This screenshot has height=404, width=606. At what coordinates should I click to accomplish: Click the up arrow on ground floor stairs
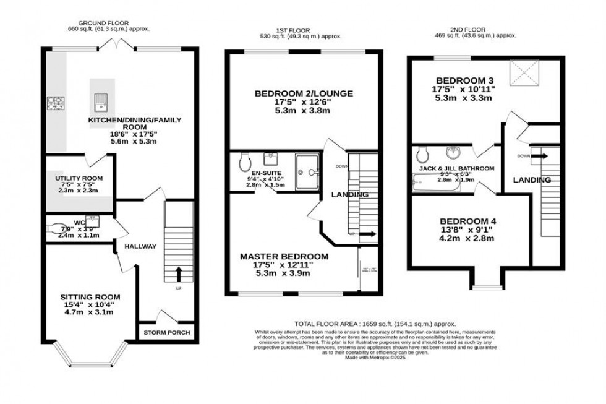(x=180, y=272)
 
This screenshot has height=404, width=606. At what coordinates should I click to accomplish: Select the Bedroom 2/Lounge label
(x=304, y=93)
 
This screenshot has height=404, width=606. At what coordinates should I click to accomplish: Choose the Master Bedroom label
(x=284, y=256)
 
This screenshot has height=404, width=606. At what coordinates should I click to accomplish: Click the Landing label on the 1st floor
(x=349, y=195)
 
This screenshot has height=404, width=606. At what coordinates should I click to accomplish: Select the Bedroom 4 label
(x=467, y=221)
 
